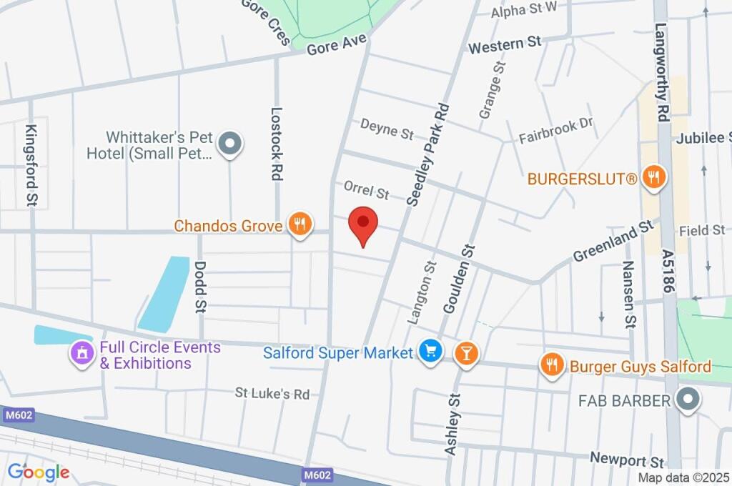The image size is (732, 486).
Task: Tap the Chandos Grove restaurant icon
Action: [300, 224]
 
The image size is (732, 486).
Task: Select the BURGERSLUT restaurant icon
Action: [653, 177]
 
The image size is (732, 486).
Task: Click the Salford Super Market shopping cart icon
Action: [430, 352]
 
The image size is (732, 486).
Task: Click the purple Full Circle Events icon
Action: [82, 352]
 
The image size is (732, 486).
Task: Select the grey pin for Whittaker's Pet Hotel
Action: [230, 144]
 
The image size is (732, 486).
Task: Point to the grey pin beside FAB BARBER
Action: [688, 400]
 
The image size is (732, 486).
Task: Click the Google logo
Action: [39, 472]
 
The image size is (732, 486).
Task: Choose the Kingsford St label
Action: [31, 164]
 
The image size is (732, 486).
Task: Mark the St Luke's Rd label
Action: [272, 394]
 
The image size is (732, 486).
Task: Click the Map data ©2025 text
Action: [684, 477]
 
